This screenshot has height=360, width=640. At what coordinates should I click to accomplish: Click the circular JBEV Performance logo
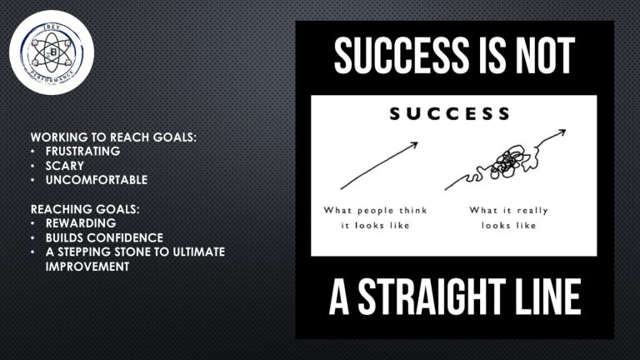point(52,52)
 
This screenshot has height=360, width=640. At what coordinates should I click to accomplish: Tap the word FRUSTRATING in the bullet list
point(82,151)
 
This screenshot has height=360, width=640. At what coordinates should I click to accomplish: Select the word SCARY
point(64,166)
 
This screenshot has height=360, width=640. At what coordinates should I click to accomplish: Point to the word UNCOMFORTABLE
point(97,180)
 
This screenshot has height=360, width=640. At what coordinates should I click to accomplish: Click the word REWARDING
point(81,223)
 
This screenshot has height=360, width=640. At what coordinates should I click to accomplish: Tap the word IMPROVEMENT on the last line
point(87,267)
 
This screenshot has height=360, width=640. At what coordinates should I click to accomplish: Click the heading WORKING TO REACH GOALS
point(113,137)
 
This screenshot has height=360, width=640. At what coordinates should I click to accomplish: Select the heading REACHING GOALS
point(85,209)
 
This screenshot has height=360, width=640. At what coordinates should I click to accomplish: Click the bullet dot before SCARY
point(32,166)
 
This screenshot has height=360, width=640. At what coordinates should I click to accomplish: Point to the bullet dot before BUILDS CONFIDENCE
point(32,238)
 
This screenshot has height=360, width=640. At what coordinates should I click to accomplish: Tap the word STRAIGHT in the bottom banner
point(432,297)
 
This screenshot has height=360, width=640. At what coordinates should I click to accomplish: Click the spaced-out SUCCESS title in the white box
point(450,114)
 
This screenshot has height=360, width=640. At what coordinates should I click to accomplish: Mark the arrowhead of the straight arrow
point(415,144)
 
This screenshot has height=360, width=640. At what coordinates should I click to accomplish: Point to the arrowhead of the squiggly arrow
point(562,132)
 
